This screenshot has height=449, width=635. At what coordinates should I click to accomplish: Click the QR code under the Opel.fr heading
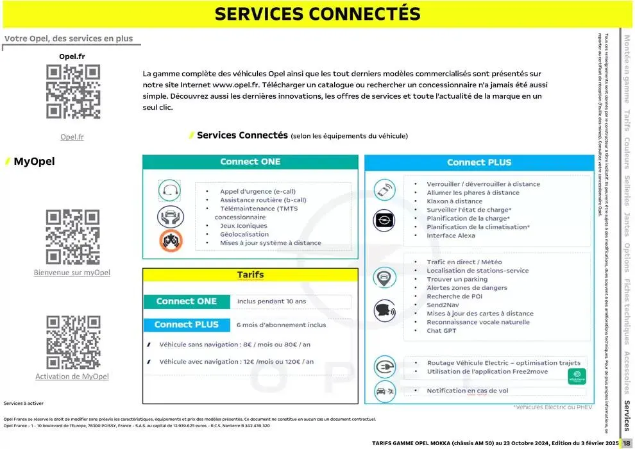[x=72, y=92]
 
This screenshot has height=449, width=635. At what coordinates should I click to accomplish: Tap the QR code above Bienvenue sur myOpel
[x=72, y=237]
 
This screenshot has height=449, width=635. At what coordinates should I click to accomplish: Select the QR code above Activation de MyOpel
[x=72, y=342]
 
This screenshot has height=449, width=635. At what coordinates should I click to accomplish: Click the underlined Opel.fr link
[x=72, y=137]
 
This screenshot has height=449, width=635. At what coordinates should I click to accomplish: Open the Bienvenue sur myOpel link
[x=72, y=273]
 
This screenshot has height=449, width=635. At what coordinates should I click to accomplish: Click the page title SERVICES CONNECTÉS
[x=317, y=14]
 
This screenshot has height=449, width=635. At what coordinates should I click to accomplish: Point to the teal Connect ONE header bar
[x=250, y=162]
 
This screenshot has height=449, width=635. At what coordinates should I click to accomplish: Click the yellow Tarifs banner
[x=250, y=275]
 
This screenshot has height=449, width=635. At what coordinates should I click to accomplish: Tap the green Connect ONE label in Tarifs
[x=186, y=301]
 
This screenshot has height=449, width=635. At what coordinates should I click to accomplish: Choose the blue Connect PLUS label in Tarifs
[x=186, y=325]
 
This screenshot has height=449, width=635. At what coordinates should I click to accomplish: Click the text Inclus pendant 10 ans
[x=271, y=301]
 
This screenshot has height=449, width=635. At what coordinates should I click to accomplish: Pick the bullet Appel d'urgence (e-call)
[x=258, y=191]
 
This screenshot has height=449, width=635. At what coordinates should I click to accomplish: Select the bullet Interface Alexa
[x=451, y=235]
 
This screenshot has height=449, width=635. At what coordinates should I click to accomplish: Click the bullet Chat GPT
[x=442, y=331]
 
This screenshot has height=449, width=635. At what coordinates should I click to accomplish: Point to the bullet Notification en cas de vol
[x=468, y=391]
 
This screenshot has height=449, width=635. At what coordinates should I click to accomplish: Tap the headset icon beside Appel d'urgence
[x=168, y=191]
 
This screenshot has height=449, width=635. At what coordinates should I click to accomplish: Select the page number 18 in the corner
[x=626, y=443]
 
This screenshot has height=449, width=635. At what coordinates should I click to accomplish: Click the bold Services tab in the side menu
[x=627, y=416]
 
